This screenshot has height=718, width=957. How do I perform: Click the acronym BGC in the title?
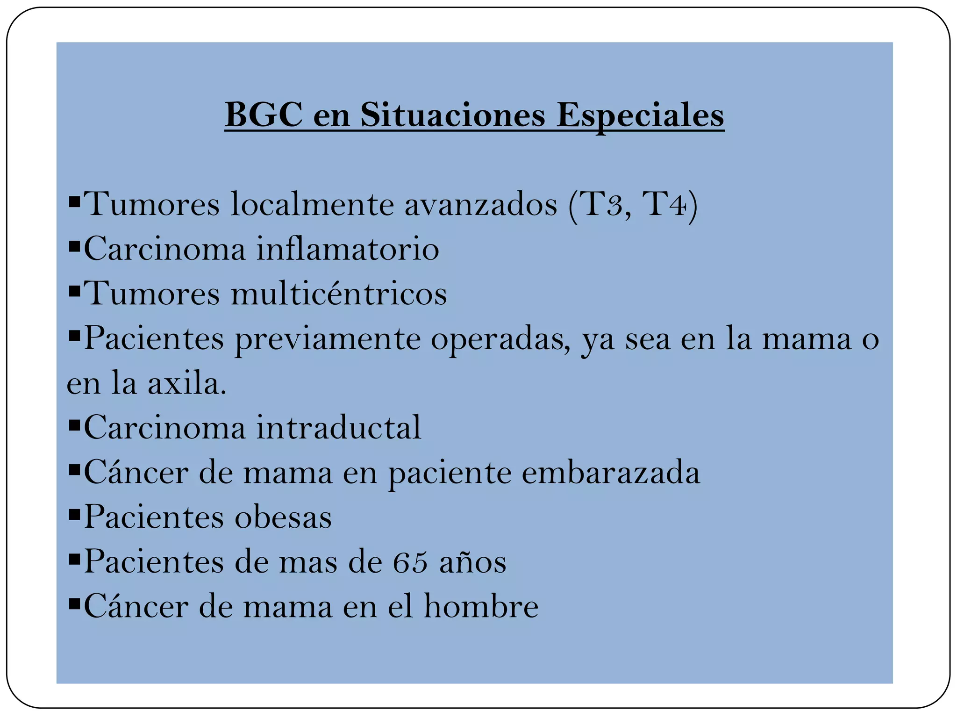264,115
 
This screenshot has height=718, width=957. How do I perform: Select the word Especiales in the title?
640,115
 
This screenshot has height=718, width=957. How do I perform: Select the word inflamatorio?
348,249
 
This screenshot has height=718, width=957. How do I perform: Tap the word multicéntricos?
339,294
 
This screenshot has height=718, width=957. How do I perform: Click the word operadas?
500,338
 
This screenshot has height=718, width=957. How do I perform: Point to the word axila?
186,383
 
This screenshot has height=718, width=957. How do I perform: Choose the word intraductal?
339,427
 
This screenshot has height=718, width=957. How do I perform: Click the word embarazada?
611,472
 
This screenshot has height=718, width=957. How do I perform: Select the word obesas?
283,517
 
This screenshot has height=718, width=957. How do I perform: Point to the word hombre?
481,606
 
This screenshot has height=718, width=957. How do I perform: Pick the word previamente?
328,338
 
